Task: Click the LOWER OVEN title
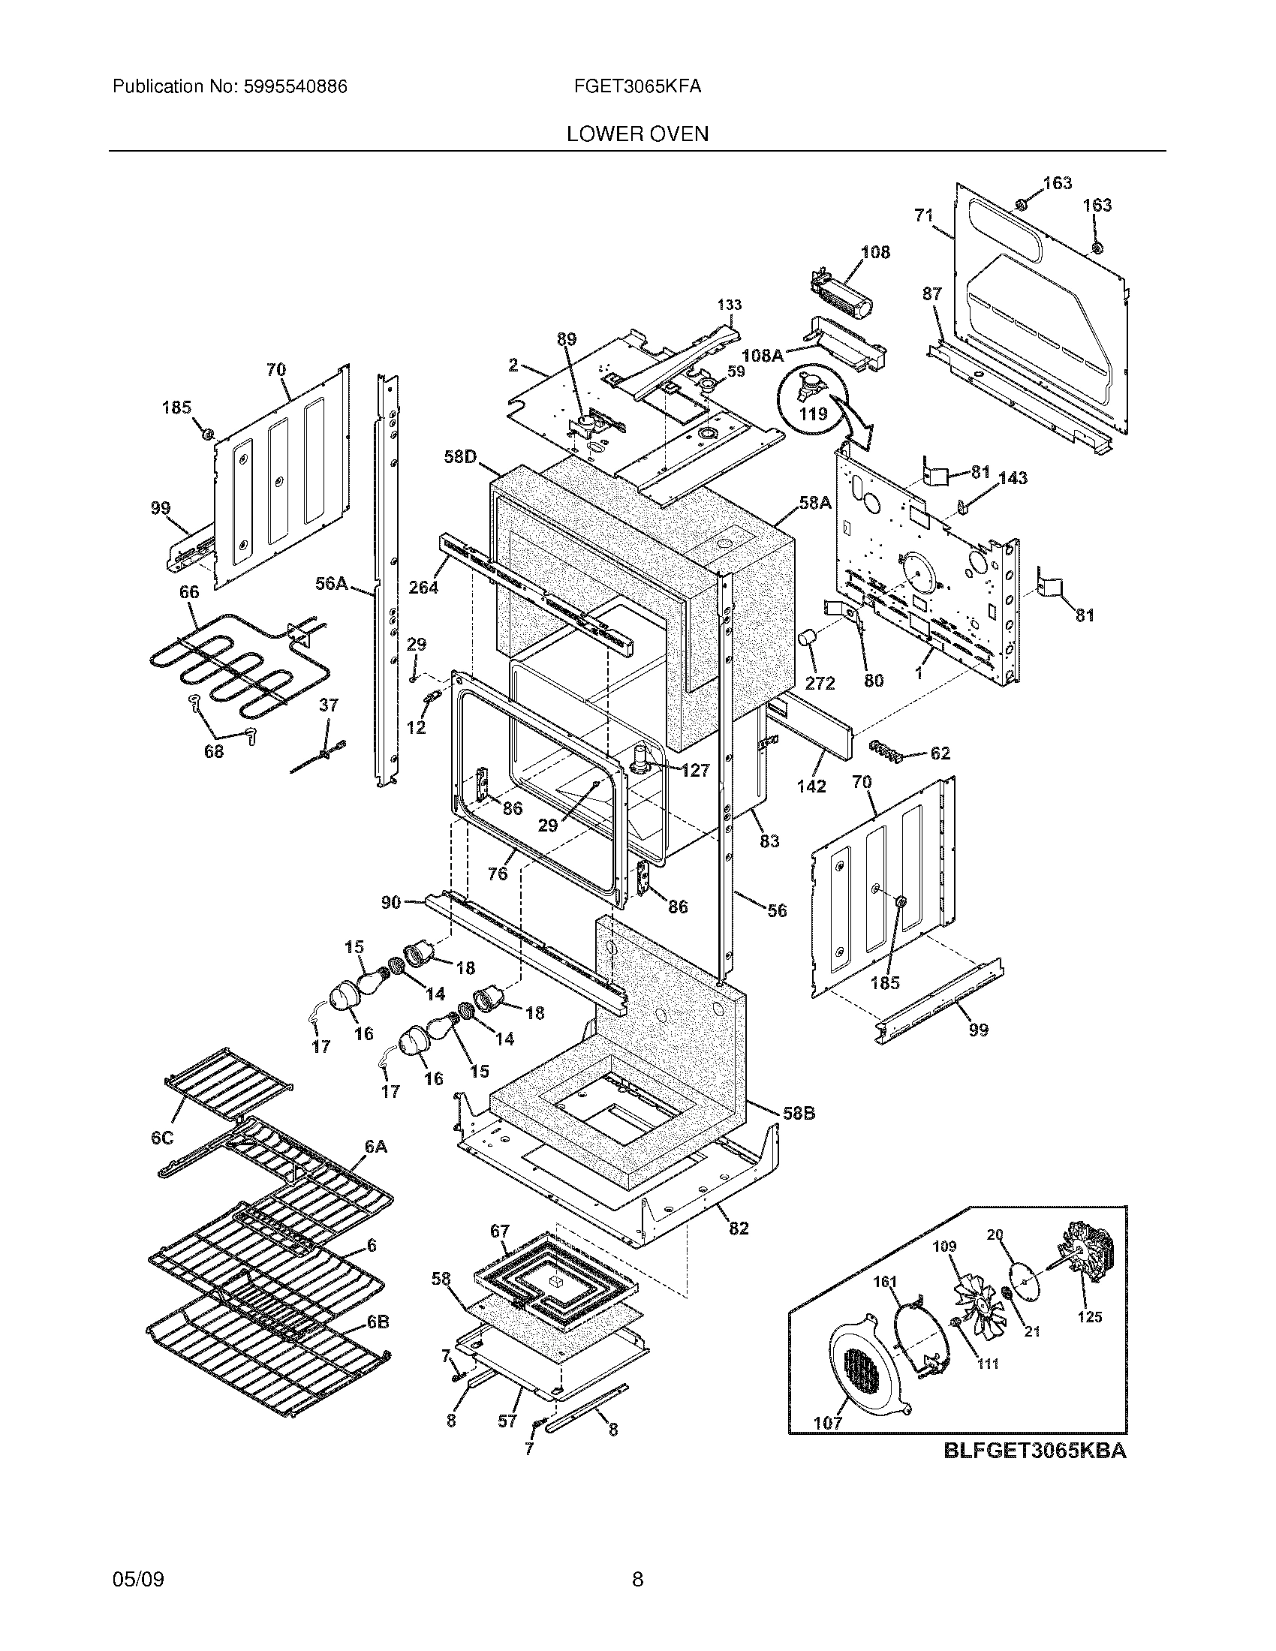coord(637,134)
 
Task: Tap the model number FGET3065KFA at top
coord(637,86)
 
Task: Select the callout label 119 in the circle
coord(814,414)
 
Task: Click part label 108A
coord(762,354)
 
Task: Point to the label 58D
coord(460,457)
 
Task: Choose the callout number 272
coord(820,683)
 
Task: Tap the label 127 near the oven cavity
coord(695,770)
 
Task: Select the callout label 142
coord(811,786)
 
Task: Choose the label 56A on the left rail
coord(331,583)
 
